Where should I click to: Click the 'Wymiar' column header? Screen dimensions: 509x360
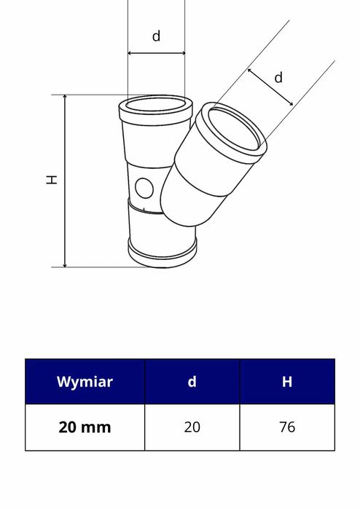coord(85,382)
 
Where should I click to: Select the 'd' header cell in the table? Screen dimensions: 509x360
coord(192,382)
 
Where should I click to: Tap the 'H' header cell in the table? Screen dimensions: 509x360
coord(287,382)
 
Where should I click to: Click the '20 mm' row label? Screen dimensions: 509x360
coord(85,427)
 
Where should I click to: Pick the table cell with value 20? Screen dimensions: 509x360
coord(192,427)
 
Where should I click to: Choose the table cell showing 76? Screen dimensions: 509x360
coord(287,427)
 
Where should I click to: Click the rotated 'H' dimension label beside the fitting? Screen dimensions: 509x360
coord(52,179)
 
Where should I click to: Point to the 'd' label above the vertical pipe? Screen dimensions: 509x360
coord(156,36)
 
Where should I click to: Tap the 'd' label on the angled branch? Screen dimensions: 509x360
coord(278,77)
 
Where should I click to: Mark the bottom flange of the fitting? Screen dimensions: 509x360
coord(162,252)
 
